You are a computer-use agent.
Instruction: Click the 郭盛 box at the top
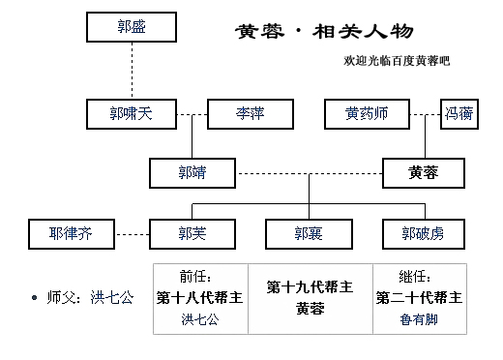[131, 27]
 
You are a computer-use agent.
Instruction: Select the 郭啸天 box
[131, 114]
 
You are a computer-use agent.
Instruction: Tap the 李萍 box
[250, 114]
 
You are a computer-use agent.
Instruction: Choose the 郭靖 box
[192, 173]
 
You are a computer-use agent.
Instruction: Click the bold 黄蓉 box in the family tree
[424, 173]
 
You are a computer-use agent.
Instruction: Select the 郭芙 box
[192, 232]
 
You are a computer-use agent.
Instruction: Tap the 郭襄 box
[308, 232]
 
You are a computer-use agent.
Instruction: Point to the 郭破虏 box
[424, 232]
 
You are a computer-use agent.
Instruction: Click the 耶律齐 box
[74, 232]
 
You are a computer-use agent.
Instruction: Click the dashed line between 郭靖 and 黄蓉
[308, 174]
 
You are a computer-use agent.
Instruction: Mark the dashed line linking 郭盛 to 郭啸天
[132, 71]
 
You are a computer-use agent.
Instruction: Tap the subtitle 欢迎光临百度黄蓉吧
[397, 61]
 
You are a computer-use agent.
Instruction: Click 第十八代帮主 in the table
[200, 297]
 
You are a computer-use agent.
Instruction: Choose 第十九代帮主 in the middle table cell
[310, 287]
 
